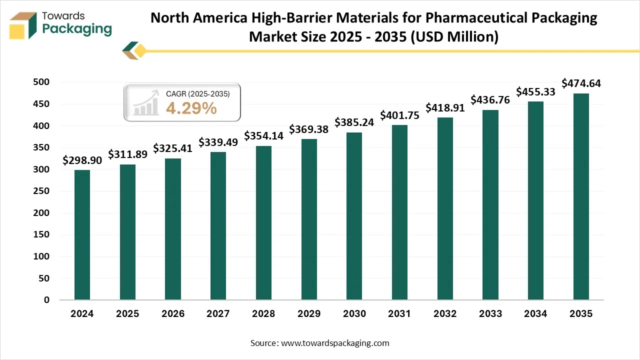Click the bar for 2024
click(82, 234)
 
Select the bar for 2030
click(354, 216)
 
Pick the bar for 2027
click(218, 226)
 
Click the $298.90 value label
click(82, 160)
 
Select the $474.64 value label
click(581, 83)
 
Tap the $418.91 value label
click(445, 108)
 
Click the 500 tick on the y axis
click(42, 82)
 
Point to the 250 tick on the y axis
click(42, 191)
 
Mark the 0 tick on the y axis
click(46, 300)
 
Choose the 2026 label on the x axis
click(172, 314)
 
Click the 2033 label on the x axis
click(490, 314)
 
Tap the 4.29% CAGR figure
click(191, 107)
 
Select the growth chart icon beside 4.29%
click(145, 103)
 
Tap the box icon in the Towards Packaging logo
click(23, 25)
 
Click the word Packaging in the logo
click(77, 28)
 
